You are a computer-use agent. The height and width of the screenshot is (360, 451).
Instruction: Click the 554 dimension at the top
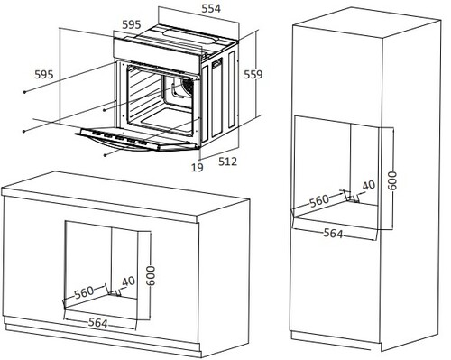pyautogui.click(x=211, y=8)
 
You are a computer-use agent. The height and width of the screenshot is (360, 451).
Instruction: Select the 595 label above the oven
pyautogui.click(x=132, y=24)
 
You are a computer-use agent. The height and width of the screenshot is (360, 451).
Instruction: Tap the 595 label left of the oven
pyautogui.click(x=44, y=74)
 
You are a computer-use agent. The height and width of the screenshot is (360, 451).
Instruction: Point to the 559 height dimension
pyautogui.click(x=253, y=74)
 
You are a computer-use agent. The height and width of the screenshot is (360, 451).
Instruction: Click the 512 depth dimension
pyautogui.click(x=227, y=162)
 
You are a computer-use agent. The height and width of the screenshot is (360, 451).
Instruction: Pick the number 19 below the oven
pyautogui.click(x=198, y=168)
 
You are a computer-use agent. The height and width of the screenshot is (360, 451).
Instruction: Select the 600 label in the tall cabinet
pyautogui.click(x=392, y=180)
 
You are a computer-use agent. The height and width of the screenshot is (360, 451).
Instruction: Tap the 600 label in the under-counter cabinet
pyautogui.click(x=151, y=276)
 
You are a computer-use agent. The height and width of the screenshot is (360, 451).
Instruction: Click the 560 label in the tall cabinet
pyautogui.click(x=319, y=201)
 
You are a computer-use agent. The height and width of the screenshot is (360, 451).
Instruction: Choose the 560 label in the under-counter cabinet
pyautogui.click(x=84, y=292)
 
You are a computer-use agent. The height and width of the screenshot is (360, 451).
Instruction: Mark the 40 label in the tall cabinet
pyautogui.click(x=369, y=186)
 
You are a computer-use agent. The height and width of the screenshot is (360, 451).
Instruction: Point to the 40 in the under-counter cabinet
pyautogui.click(x=129, y=282)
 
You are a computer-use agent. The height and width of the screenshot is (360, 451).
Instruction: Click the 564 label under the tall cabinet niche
pyautogui.click(x=333, y=233)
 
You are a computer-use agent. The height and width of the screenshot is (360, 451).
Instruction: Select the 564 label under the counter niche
pyautogui.click(x=98, y=323)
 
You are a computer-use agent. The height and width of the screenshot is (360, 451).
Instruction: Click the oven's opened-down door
pyautogui.click(x=137, y=139)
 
